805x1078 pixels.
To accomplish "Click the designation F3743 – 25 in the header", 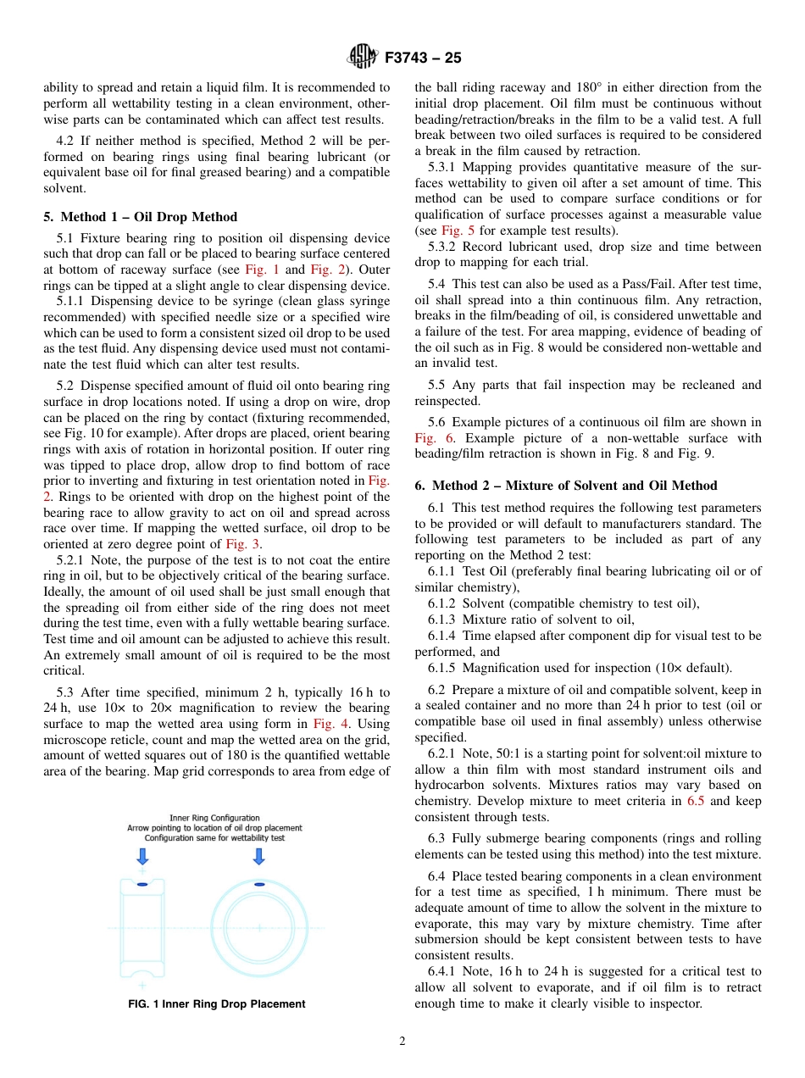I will coord(423,58).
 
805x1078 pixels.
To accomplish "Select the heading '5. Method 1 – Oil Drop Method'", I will coord(140,217).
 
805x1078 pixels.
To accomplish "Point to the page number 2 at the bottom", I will coord(402,1042).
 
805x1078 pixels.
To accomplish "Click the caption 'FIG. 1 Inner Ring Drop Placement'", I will coord(216,1004).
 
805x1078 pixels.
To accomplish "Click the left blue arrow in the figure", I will coord(142,857).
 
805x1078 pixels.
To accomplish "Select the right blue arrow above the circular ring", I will coord(258,857).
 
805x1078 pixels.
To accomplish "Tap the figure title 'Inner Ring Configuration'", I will coord(214,818).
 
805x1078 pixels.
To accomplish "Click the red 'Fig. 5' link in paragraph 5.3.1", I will coord(452,231).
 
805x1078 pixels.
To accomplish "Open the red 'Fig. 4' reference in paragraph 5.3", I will coord(327,724).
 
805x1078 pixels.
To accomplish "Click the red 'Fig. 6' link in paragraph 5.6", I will coord(434,438).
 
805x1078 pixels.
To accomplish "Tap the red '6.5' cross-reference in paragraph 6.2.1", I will coord(695,801).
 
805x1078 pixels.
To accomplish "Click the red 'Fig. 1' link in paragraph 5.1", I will coord(256,269).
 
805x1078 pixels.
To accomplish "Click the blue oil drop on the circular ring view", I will coord(259,884).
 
